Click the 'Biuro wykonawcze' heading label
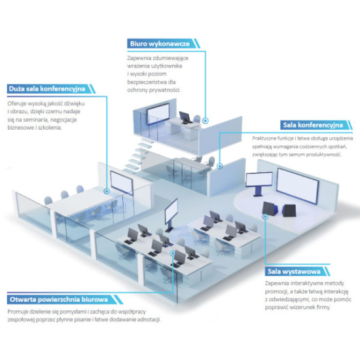pyautogui.click(x=160, y=44)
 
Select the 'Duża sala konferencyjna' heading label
pyautogui.click(x=47, y=89)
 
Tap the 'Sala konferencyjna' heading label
pyautogui.click(x=313, y=125)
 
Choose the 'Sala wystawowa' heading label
pyautogui.click(x=294, y=272)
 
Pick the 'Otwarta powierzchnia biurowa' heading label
pyautogui.click(x=59, y=300)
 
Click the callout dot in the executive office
pyautogui.click(x=206, y=120)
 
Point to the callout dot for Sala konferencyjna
pyautogui.click(x=220, y=166)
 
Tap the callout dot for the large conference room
pyautogui.click(x=107, y=191)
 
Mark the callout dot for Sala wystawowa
pyautogui.click(x=265, y=217)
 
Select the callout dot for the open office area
pyautogui.click(x=173, y=253)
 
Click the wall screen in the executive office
pyautogui.click(x=158, y=114)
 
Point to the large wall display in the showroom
pyautogui.click(x=298, y=186)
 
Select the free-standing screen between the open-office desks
pyautogui.click(x=171, y=211)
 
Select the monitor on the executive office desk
pyautogui.click(x=186, y=118)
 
